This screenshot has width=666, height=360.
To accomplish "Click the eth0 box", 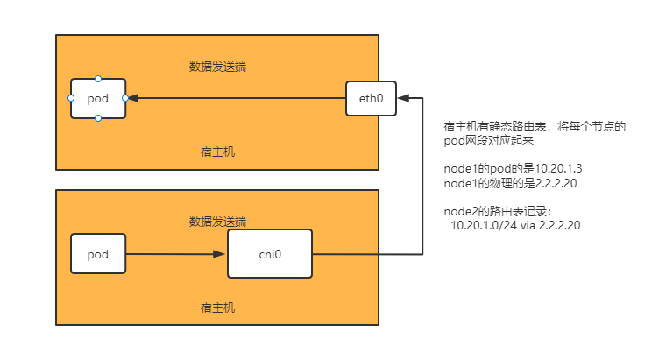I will [371, 98].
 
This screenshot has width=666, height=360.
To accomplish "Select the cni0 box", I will [270, 254].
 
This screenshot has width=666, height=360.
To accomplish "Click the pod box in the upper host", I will [98, 98].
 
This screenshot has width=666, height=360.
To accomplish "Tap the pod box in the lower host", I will [98, 255].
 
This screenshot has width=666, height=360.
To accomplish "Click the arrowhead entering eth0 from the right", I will [402, 98].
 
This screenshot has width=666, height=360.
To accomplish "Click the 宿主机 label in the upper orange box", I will [217, 152].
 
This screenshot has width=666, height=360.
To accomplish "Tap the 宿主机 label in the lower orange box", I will [217, 307].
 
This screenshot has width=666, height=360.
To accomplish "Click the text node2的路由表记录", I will [500, 211].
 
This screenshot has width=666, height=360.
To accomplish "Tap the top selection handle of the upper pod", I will [98, 80].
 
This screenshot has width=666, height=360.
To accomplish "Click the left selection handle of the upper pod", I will [71, 98].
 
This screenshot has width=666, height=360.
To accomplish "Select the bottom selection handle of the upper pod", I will [98, 117].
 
